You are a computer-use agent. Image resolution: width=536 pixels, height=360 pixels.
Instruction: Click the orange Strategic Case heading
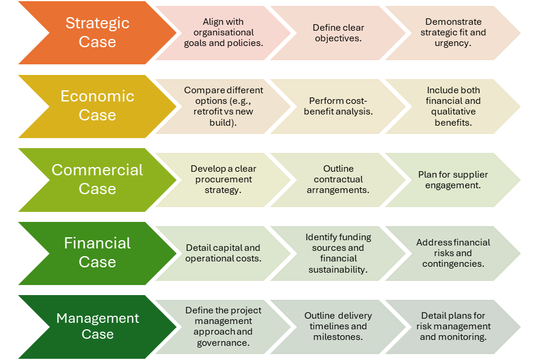pos(97,32)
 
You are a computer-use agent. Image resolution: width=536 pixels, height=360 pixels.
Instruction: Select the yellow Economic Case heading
pos(97,105)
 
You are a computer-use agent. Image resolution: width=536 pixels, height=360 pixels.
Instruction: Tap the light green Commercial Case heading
pos(97,179)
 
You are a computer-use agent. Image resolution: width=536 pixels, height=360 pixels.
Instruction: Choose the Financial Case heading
pos(97,252)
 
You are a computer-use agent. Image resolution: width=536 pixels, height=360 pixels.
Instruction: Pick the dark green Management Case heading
pos(97,326)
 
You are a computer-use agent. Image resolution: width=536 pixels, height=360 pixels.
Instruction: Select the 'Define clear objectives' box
pos(338,32)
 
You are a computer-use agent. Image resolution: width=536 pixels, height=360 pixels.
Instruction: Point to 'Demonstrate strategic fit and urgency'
pos(453,32)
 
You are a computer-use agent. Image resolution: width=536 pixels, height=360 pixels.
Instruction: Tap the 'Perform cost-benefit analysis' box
pos(338,106)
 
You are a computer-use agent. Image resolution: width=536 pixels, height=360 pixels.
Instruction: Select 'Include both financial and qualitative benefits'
pos(453,106)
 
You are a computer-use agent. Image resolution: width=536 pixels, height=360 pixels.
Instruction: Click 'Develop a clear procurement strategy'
pos(223,179)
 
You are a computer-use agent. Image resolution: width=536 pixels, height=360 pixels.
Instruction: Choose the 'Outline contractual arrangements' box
pos(338,179)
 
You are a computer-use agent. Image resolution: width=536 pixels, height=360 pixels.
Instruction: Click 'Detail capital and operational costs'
pos(223,253)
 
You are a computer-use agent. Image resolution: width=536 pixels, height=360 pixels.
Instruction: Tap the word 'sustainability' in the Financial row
pos(338,269)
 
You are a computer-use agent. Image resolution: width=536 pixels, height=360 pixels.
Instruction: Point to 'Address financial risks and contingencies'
pos(453,253)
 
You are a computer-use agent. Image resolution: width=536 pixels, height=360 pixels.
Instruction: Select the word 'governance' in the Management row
pos(223,343)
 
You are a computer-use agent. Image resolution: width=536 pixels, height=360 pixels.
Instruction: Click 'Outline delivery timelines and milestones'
pos(338,326)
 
